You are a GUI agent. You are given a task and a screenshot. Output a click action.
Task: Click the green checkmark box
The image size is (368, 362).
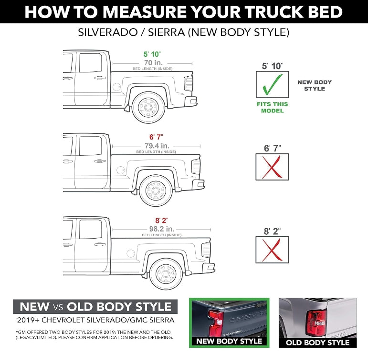pos(272,84)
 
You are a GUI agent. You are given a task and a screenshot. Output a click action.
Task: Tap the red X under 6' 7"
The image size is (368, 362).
pos(272,167)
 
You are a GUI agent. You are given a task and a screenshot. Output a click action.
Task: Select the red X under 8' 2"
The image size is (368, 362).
pos(272,250)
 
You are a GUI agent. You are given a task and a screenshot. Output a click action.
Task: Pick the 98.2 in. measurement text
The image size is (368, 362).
pos(162,228)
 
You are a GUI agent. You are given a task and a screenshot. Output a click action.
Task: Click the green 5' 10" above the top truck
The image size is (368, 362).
pos(152,54)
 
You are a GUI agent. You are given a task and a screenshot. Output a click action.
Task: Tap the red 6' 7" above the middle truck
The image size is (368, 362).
pos(156,137)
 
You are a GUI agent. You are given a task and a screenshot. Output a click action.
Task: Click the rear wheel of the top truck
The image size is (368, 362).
pos(148,108)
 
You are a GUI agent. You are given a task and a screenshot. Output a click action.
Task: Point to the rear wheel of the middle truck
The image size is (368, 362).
pos(156,190)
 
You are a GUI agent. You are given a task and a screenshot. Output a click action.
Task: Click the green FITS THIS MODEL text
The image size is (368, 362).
pos(272,107)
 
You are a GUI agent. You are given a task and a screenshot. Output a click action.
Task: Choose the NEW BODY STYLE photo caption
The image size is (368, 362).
pos(229,341)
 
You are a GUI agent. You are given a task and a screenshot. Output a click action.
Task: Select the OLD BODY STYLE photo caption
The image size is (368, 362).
pos(317,342)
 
